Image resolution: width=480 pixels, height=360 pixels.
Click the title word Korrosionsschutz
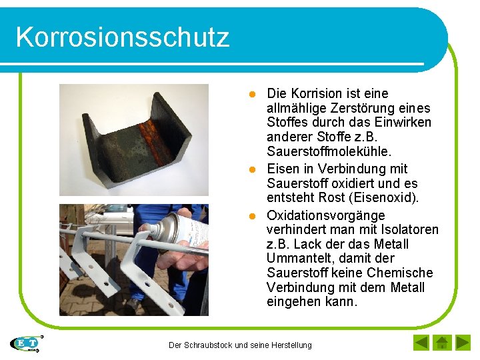(122, 37)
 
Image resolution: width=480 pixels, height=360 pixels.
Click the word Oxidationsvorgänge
(325, 215)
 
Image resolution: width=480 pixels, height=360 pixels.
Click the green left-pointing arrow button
(421, 343)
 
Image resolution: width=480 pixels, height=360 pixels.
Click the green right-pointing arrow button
(463, 343)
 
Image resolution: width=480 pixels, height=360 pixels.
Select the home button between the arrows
(441, 343)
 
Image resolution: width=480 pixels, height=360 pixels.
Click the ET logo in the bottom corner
(26, 343)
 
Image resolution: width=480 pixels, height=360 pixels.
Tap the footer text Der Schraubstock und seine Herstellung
(240, 345)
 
